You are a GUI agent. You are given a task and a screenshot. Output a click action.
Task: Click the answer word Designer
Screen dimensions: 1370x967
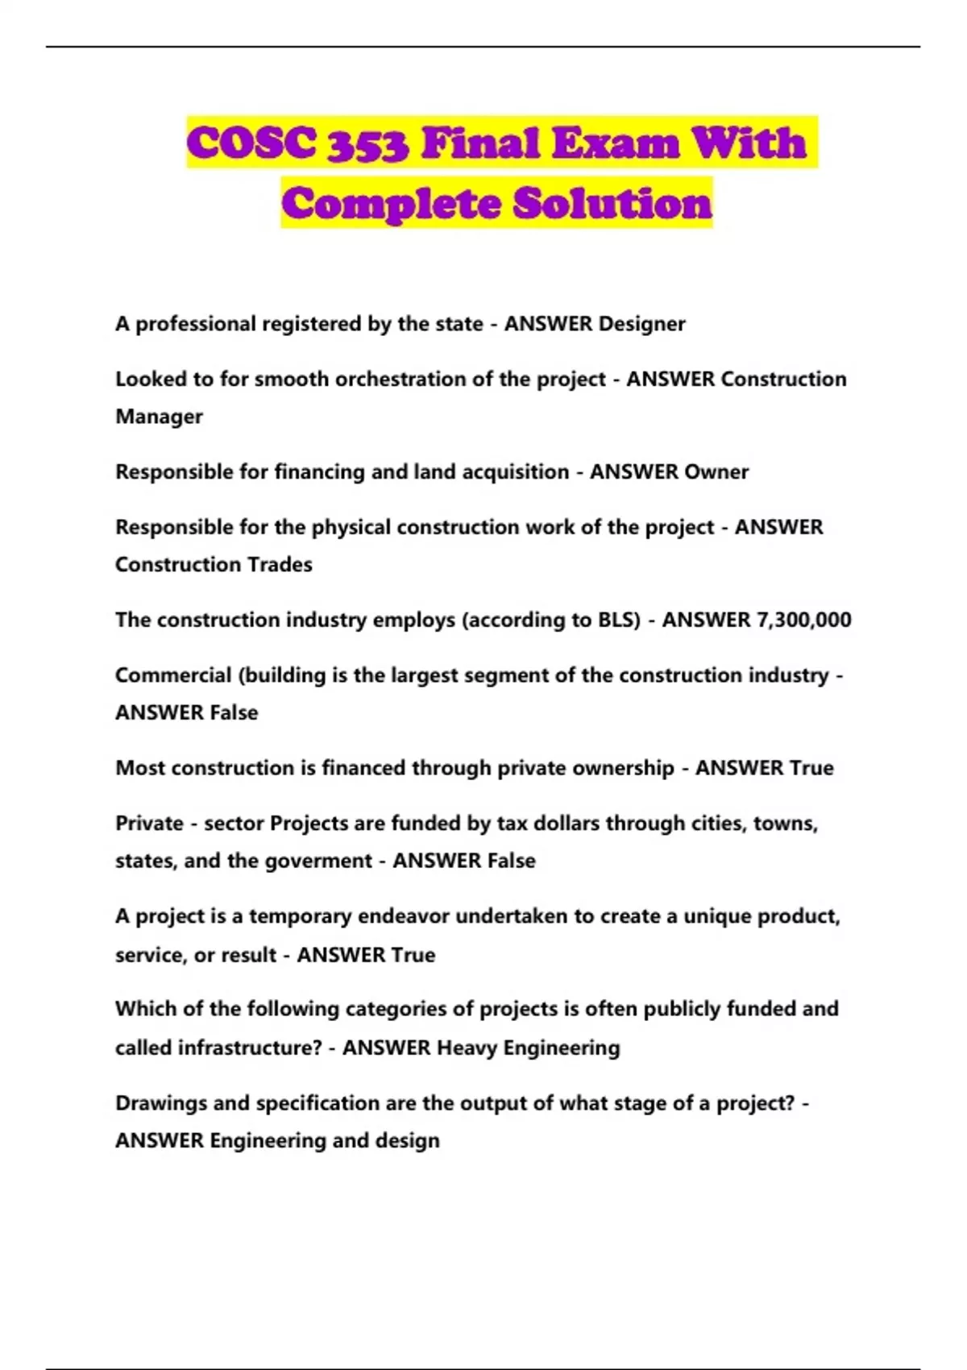pos(642,324)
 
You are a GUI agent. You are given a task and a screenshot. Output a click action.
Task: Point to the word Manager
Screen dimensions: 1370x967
pos(159,417)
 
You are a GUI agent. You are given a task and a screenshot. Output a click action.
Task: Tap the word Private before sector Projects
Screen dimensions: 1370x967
pos(149,824)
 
